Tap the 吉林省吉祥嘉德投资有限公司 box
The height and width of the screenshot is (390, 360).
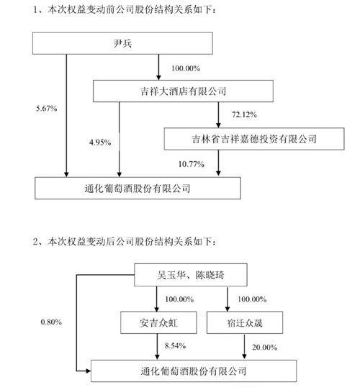[x=240, y=137]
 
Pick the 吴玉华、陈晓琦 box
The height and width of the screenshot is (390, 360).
[x=190, y=275]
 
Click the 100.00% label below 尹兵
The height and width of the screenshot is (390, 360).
[x=185, y=68]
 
